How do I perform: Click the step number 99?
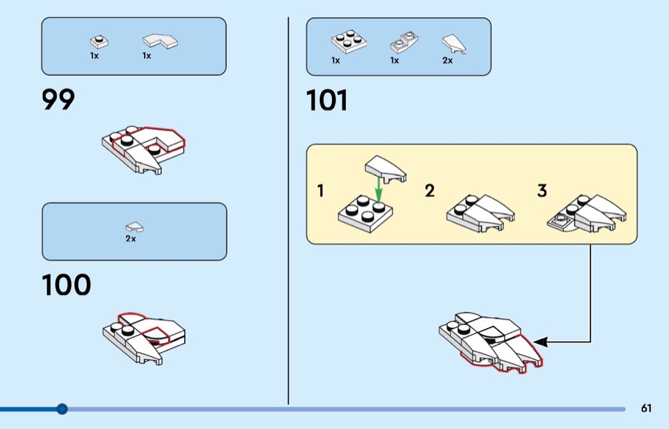pos(58,99)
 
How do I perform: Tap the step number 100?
pos(66,285)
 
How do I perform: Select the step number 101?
pos(327,100)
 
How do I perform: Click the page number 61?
pos(646,408)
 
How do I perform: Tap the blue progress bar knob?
pos(62,409)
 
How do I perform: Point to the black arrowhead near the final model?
pos(540,342)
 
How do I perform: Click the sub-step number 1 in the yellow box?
pos(321,191)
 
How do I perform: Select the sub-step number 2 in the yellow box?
pos(429,191)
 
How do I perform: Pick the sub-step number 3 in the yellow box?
pos(542,191)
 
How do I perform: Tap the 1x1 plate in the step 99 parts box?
pos(99,42)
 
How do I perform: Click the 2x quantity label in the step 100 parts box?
pos(131,238)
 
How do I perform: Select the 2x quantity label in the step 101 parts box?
pos(447,61)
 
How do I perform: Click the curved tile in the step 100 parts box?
pos(134,227)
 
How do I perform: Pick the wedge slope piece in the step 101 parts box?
pos(454,44)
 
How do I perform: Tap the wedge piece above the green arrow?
pos(385,168)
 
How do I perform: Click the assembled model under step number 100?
pos(144,338)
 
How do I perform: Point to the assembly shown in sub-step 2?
pos(480,213)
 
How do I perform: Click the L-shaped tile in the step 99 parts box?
pos(160,41)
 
